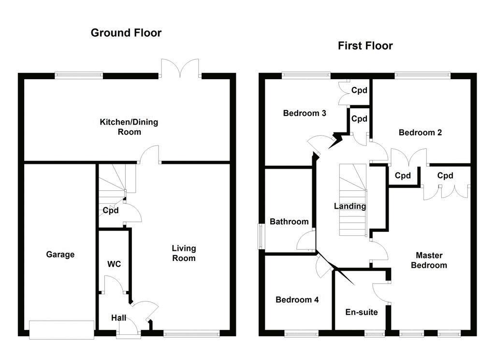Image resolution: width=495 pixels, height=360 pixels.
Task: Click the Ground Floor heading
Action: tap(126, 33)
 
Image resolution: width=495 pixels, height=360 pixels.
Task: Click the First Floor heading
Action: tap(365, 46)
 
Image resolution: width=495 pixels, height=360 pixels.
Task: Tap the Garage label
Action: tap(60, 254)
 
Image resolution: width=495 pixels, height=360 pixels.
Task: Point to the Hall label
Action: tap(118, 318)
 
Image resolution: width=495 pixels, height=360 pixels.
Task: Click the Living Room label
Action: tap(184, 253)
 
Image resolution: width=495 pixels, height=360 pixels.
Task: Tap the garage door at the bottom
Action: tap(61, 330)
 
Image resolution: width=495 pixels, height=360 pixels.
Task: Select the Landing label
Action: tap(350, 206)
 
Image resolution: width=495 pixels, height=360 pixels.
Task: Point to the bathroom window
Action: tap(262, 237)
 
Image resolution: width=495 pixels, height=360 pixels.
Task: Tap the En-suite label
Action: tap(361, 312)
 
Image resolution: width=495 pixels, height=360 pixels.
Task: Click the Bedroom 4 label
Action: tap(297, 300)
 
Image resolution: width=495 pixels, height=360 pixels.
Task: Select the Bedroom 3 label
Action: tap(305, 114)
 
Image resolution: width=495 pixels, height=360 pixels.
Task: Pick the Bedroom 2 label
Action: tap(420, 132)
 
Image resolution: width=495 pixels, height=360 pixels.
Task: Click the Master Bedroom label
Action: tap(431, 260)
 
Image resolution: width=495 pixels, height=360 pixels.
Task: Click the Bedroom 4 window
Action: tap(301, 333)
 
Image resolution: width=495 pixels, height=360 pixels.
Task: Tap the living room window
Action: tap(192, 333)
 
